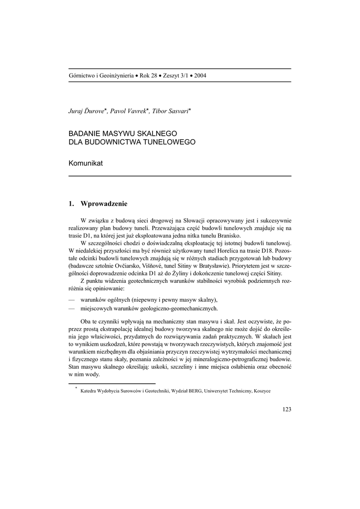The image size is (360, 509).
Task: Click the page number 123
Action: click(x=286, y=409)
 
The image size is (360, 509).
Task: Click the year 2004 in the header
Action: click(x=200, y=76)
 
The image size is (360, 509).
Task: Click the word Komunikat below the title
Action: click(x=86, y=164)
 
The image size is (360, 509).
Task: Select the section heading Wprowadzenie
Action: click(x=104, y=203)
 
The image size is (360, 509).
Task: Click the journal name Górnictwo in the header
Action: click(x=82, y=76)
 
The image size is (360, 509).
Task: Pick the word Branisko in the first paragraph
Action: click(x=228, y=235)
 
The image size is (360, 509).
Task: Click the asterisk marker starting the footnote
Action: click(x=76, y=388)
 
